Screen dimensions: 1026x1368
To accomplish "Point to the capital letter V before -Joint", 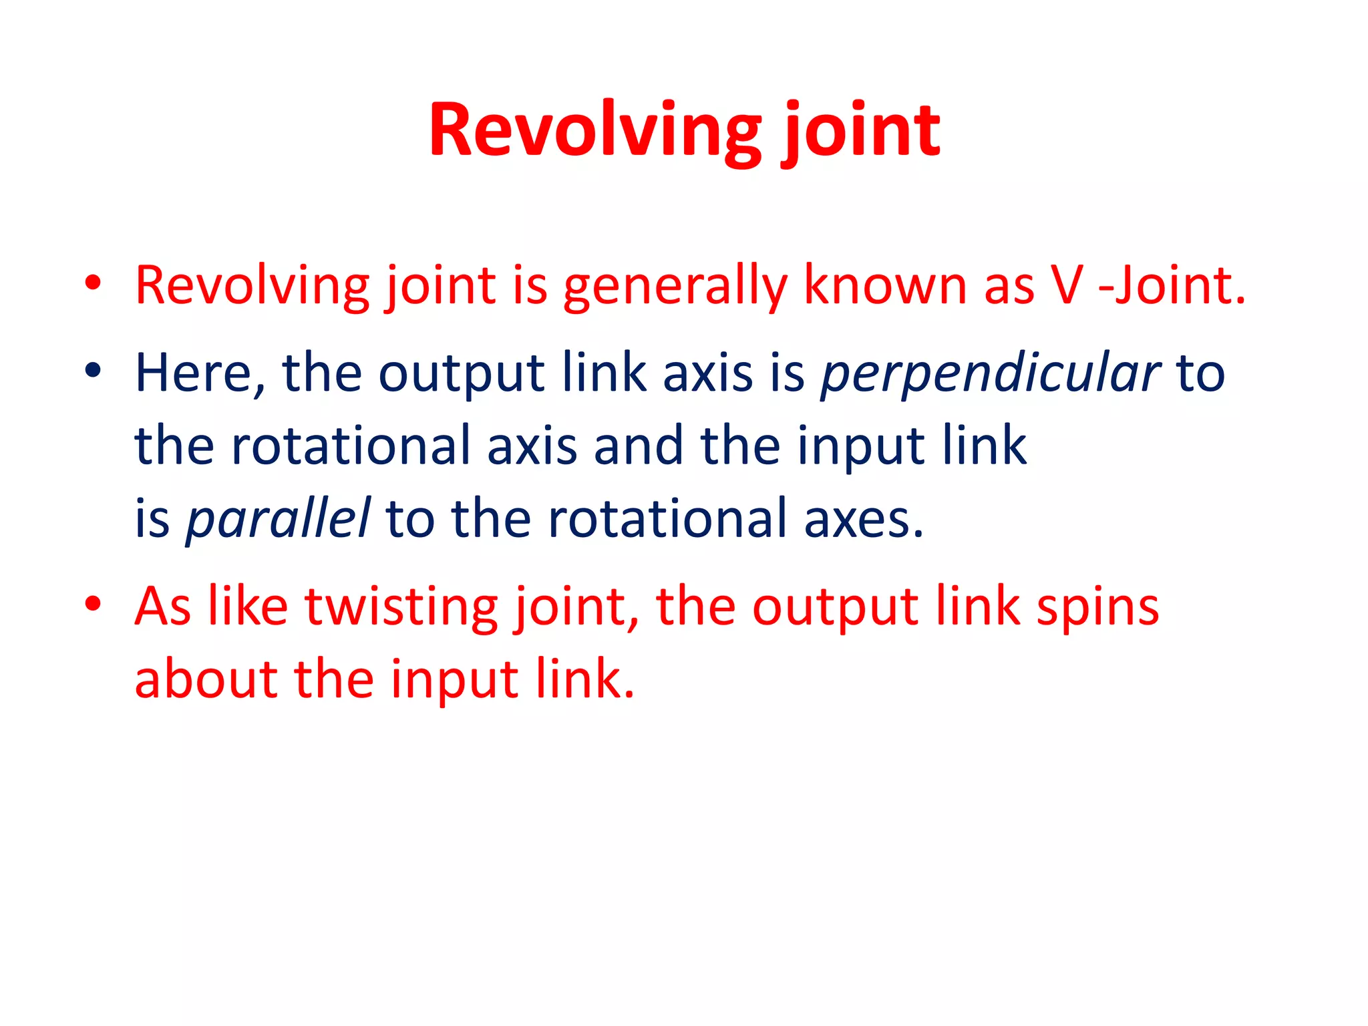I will [x=1067, y=286].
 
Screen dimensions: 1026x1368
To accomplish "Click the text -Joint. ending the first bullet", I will [x=1172, y=286].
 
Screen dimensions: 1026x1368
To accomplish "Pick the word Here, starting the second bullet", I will [x=200, y=374].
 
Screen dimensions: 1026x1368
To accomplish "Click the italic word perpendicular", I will [x=990, y=374].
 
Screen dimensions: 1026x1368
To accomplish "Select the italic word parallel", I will [x=278, y=520].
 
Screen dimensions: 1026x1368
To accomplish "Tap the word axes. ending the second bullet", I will [x=863, y=520].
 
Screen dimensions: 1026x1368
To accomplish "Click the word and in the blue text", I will [x=639, y=446].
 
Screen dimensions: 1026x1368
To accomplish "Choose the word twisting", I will [x=401, y=607].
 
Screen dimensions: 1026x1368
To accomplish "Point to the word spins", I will [x=1097, y=607].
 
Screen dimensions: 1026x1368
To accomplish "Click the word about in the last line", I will [x=206, y=679].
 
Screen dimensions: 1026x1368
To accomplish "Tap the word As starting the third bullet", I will [x=163, y=607].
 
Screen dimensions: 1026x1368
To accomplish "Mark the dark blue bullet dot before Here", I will [x=93, y=371].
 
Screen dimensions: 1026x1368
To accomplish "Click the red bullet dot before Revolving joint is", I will [x=93, y=283].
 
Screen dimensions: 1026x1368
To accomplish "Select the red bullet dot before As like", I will [x=93, y=605].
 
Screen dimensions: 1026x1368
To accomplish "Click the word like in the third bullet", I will [x=248, y=607].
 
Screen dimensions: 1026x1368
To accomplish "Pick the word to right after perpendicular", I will [x=1200, y=374].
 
